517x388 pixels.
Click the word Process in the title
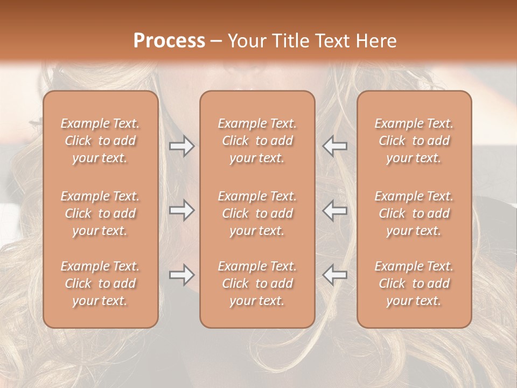click(x=169, y=40)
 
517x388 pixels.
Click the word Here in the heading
click(x=377, y=40)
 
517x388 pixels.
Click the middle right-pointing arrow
click(x=181, y=211)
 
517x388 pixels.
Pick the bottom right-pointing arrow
click(x=181, y=275)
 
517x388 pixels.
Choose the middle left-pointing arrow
click(x=335, y=211)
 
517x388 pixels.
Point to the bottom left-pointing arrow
click(x=335, y=275)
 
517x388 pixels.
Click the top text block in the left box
click(x=100, y=141)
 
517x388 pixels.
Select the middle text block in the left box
click(x=100, y=213)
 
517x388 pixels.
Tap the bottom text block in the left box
click(x=100, y=283)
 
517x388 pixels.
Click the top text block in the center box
click(x=257, y=141)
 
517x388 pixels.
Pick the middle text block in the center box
click(x=257, y=213)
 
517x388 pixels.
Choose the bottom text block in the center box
click(x=257, y=283)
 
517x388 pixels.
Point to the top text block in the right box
click(x=414, y=141)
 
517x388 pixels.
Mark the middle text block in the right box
click(x=414, y=213)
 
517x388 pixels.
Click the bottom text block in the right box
click(x=414, y=283)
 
